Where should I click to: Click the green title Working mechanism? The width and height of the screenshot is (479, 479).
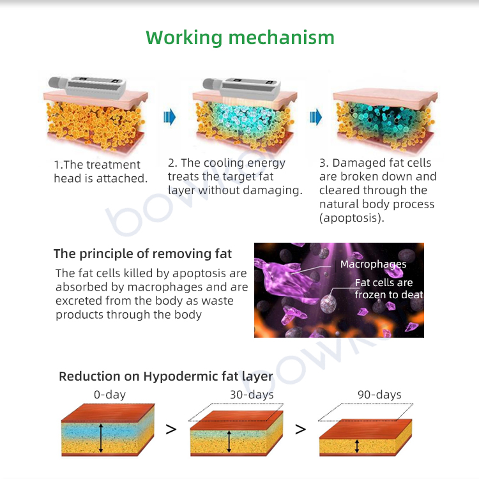240,37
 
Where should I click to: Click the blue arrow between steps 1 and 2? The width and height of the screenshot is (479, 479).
170,117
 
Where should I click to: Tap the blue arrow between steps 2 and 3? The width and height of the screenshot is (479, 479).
316,117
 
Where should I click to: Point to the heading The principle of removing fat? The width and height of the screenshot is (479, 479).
142,254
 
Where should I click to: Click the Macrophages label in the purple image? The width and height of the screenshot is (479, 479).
373,264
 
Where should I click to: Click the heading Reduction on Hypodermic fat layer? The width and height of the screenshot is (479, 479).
166,376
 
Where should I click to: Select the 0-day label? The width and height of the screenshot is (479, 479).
110,395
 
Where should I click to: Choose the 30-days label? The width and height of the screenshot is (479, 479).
252,395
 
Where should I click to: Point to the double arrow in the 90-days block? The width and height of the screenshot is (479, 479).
358,445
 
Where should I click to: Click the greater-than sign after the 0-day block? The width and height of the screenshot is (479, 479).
171,429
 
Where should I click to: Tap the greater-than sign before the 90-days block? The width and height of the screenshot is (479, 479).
300,429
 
